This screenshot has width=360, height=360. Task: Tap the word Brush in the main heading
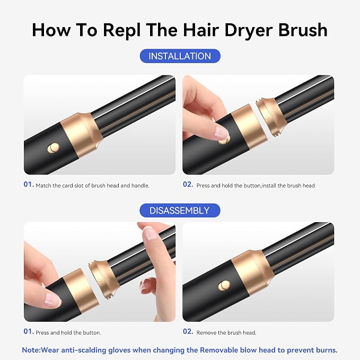point(303,30)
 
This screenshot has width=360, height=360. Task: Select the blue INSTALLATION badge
point(180,56)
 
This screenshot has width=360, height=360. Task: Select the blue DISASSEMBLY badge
point(180,210)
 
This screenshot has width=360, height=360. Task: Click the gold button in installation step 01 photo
point(54,148)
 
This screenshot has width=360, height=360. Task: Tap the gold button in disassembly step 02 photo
point(224,286)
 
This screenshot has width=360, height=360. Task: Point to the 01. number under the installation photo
point(29,185)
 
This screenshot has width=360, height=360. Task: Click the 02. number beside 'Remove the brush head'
point(188,331)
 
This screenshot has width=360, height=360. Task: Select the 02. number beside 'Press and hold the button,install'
point(188,185)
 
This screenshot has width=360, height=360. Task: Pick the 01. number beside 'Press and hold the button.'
point(29,331)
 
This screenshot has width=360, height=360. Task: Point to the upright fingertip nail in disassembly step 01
point(148,233)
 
